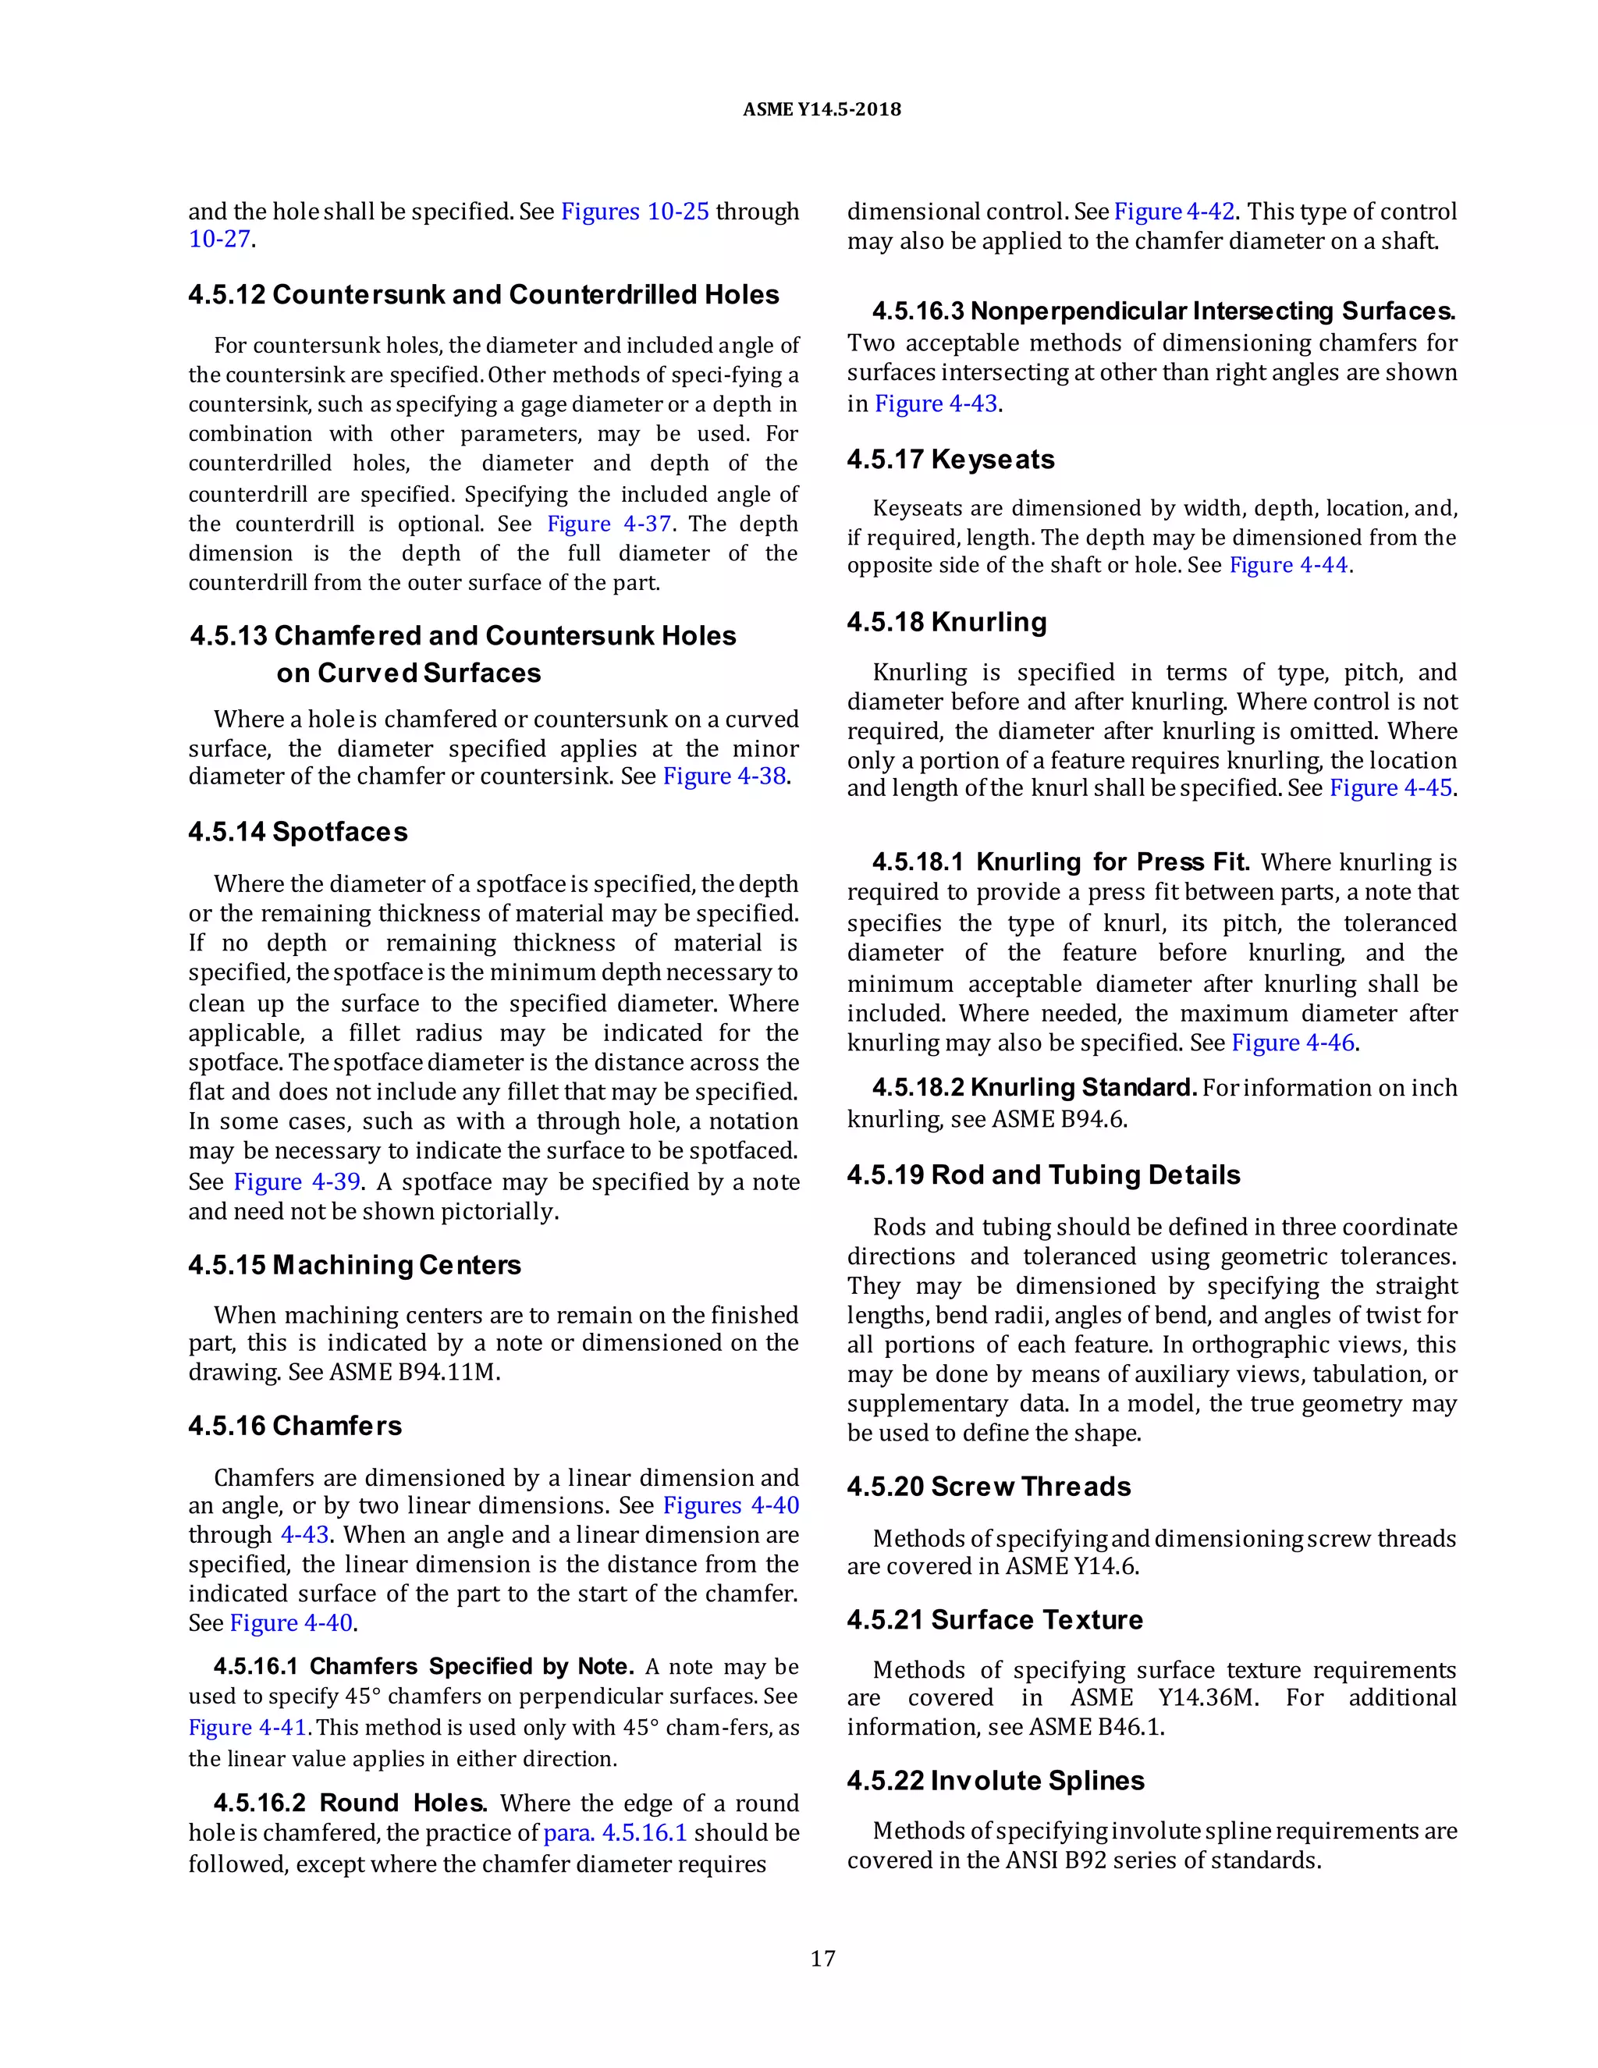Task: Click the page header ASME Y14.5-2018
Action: click(821, 110)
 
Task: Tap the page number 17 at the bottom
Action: click(822, 1958)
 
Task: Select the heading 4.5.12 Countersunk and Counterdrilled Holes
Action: click(483, 294)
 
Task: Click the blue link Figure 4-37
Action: click(609, 524)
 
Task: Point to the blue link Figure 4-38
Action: click(724, 776)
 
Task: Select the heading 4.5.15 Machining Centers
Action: click(354, 1265)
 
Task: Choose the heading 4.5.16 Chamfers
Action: click(294, 1425)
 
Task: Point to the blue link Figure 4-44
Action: click(1288, 565)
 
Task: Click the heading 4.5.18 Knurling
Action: click(946, 622)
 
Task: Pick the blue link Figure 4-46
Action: click(1292, 1043)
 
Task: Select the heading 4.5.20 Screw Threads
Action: click(989, 1487)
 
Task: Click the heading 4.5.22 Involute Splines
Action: click(995, 1780)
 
